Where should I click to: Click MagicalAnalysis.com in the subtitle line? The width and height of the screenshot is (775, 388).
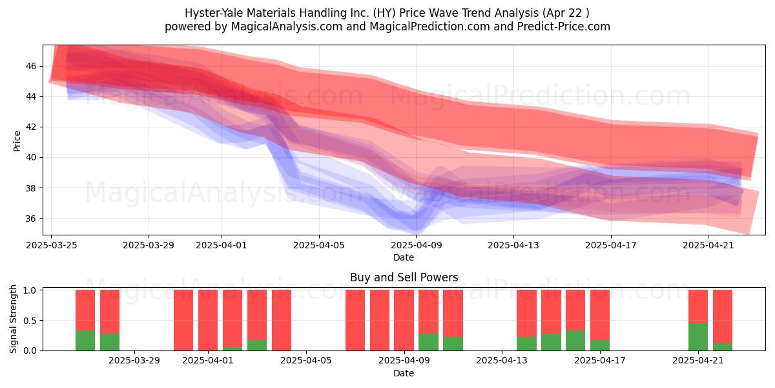coord(287,27)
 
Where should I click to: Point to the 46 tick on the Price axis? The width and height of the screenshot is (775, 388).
coord(31,66)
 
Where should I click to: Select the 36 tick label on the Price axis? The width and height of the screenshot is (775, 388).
coord(31,219)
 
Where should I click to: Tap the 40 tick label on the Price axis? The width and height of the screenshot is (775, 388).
coord(31,157)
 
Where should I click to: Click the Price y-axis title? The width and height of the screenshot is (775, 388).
coord(17,141)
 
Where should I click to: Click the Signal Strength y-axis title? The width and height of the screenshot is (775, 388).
coord(13,319)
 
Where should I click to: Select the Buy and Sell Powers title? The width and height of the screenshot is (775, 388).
coord(404,277)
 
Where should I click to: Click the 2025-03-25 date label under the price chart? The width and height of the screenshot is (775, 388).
coord(52,245)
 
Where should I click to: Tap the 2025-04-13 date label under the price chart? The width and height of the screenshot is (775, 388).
coord(513,245)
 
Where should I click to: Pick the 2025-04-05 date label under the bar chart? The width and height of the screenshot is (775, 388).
coord(306,360)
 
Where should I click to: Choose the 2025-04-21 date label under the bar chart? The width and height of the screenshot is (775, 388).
coord(698,360)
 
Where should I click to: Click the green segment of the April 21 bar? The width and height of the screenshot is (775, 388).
coord(698,337)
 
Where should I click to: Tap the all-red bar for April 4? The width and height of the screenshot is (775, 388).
coord(282,320)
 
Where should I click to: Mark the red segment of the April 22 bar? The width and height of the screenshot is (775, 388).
coord(723,316)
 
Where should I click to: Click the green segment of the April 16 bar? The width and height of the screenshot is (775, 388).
coord(575,341)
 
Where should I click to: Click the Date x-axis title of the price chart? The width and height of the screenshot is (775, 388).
coord(404,257)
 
